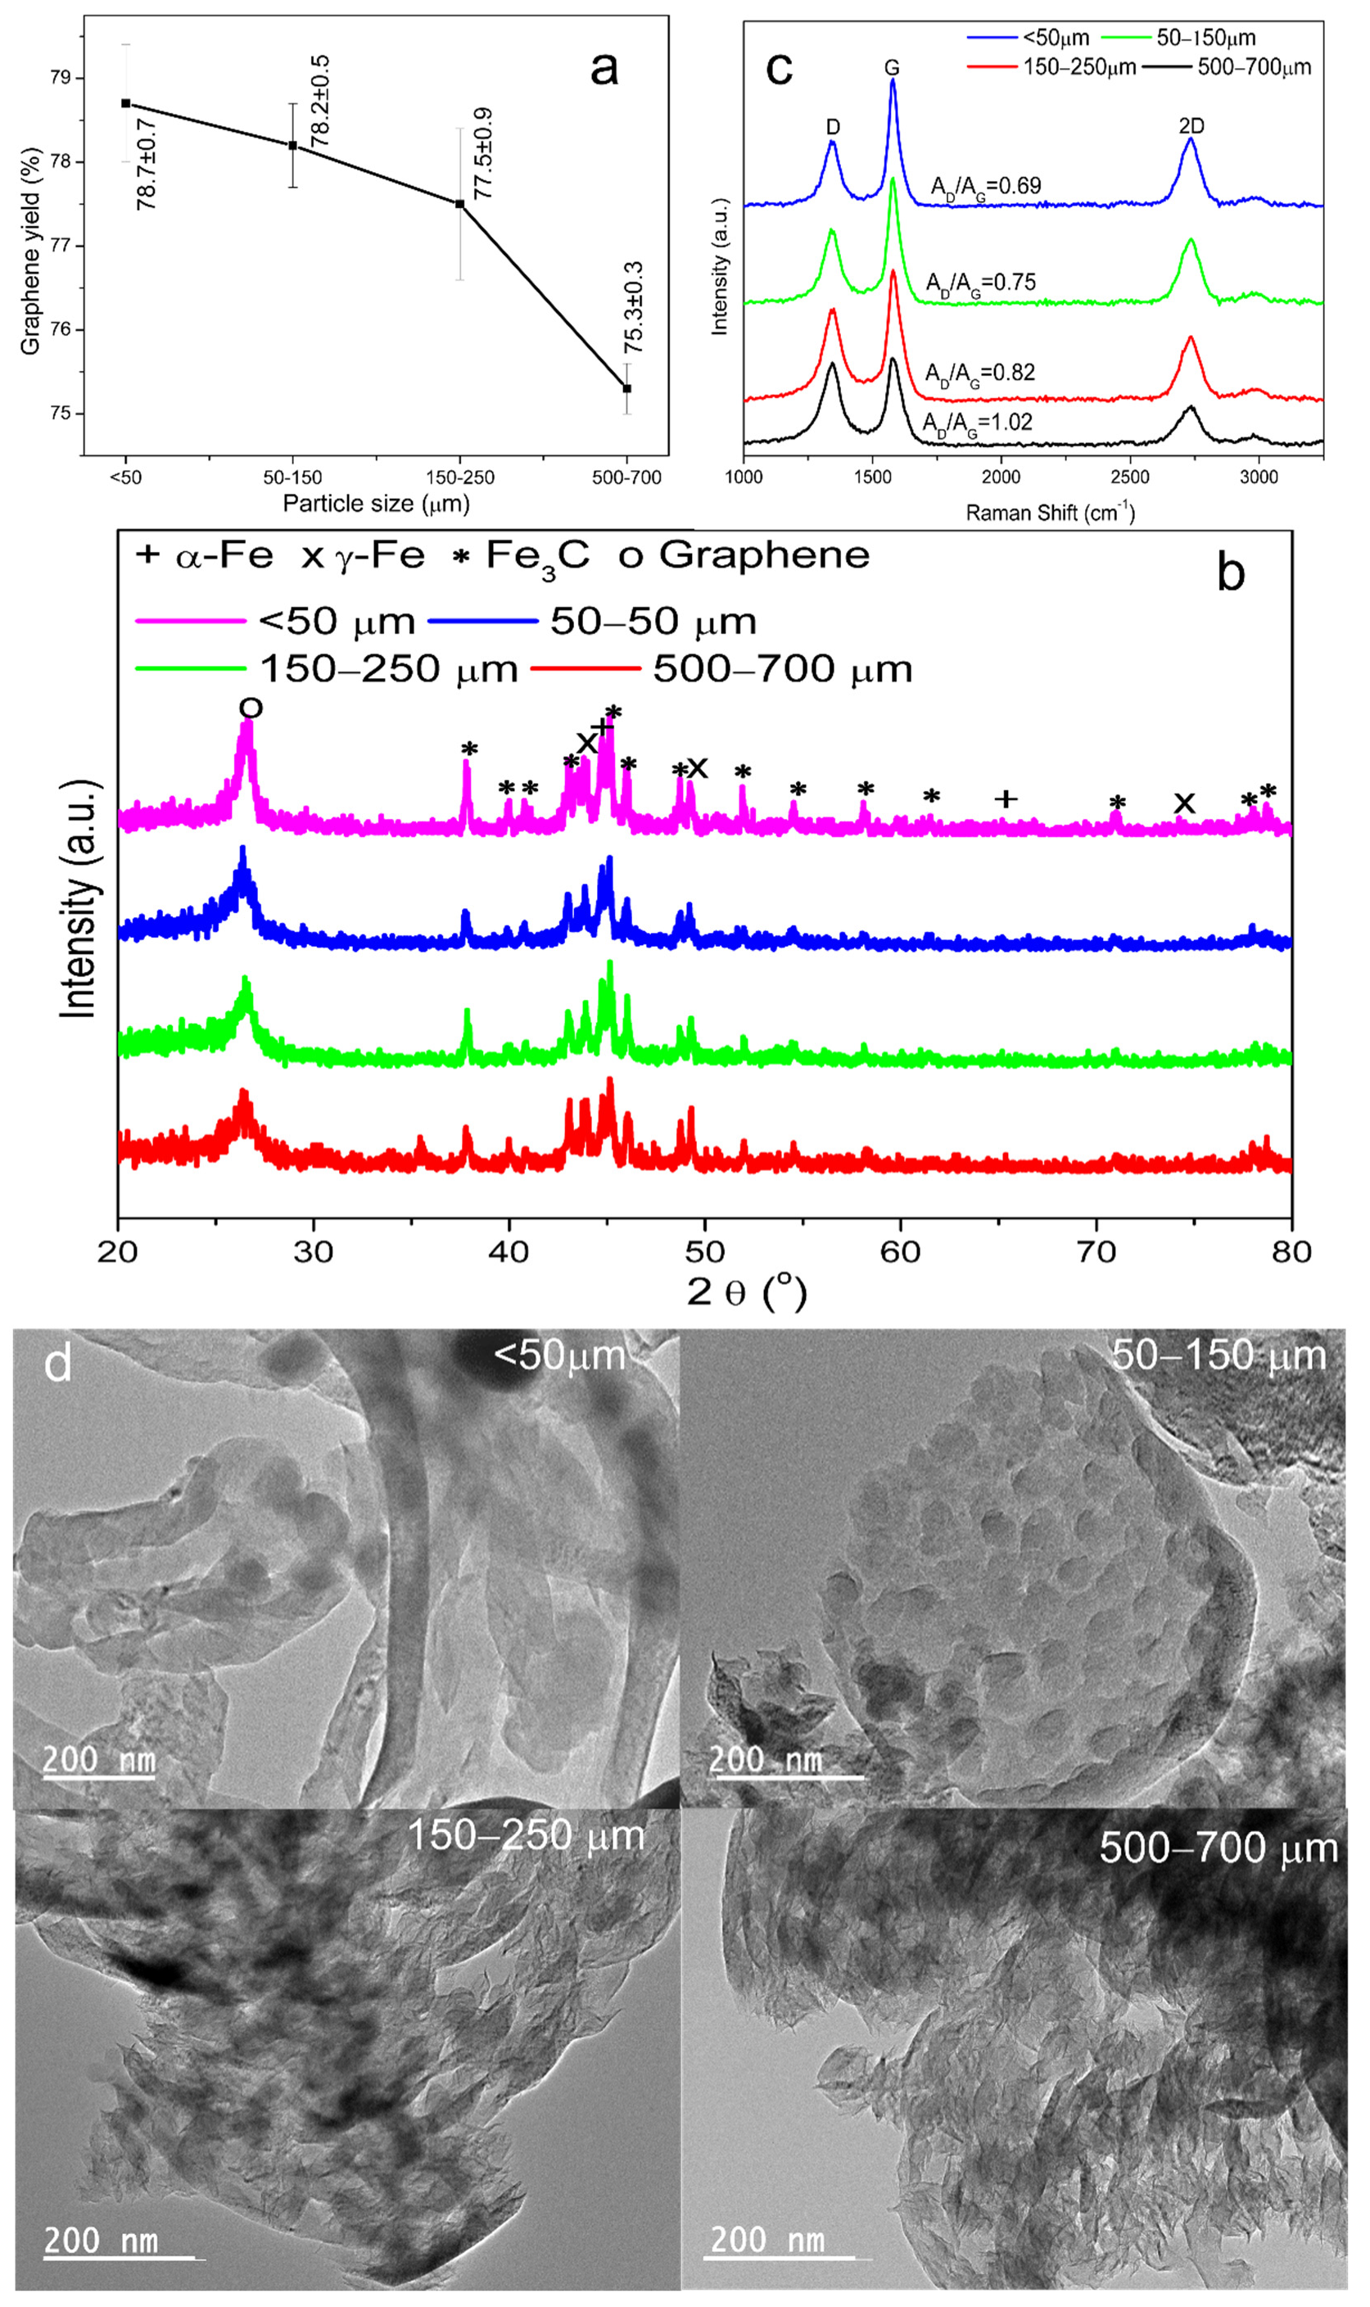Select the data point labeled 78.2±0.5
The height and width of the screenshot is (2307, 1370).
tap(292, 145)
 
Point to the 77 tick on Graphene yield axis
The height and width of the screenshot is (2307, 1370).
tap(60, 246)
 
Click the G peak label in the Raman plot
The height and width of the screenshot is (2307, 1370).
tap(891, 68)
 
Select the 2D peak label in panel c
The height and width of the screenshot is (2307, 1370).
tap(1191, 125)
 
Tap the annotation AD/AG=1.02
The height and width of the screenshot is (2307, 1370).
tap(977, 423)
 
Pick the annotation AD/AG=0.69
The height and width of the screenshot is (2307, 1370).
tap(985, 187)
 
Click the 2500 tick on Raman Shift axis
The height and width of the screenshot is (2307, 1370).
tap(1129, 477)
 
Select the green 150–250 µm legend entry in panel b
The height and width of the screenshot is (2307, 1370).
tap(328, 668)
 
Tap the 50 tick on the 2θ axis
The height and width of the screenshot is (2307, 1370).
tap(704, 1253)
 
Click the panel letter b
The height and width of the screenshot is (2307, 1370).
tap(1230, 572)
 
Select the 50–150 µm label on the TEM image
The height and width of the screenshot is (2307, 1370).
tap(1218, 1356)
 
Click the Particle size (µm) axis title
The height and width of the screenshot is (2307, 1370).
tap(376, 504)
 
